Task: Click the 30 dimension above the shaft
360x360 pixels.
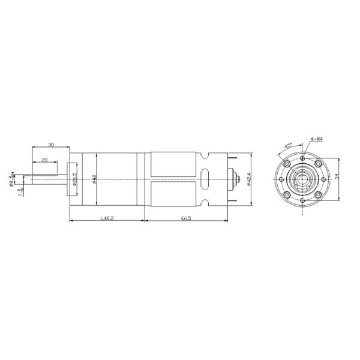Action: coord(51,145)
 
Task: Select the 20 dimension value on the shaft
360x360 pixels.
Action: coord(45,160)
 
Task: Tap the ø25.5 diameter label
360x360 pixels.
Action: coord(74,179)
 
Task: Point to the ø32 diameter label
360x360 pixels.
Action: coord(94,179)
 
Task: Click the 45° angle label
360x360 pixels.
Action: coord(288,146)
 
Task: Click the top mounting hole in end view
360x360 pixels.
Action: coord(304,159)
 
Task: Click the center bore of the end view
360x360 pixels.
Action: coord(304,179)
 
